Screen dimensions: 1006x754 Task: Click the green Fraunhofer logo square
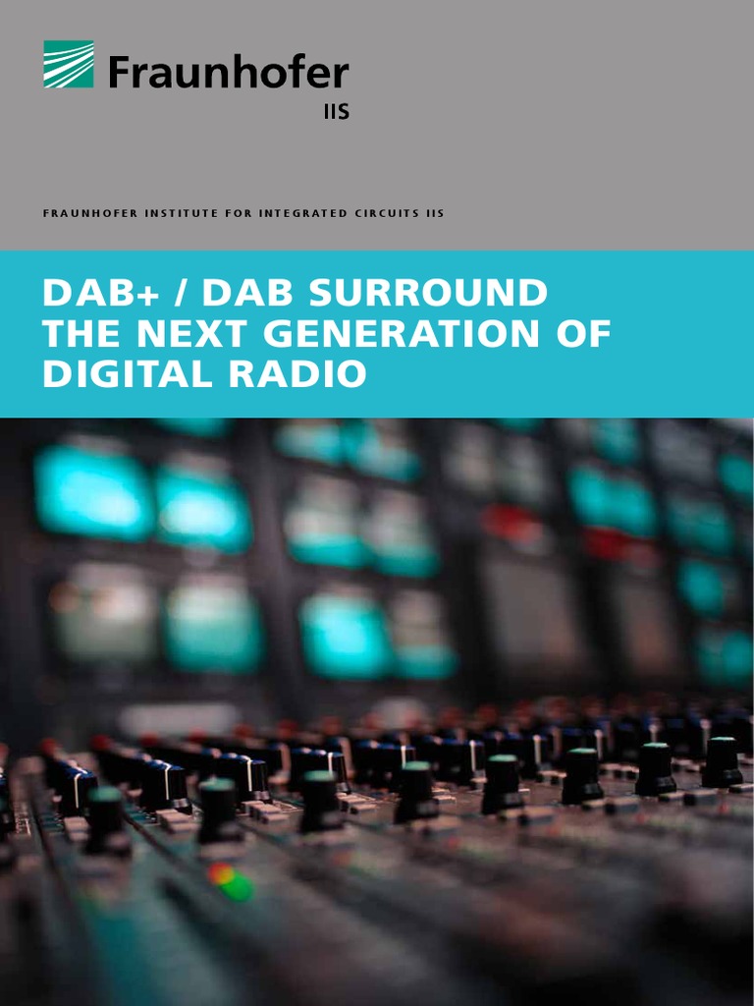[x=69, y=65]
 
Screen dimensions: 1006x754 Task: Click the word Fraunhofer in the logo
[x=229, y=72]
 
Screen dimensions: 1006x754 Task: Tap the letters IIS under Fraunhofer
[x=336, y=112]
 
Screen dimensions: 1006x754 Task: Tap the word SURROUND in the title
[x=438, y=293]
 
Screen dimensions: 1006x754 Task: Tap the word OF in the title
[x=585, y=333]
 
